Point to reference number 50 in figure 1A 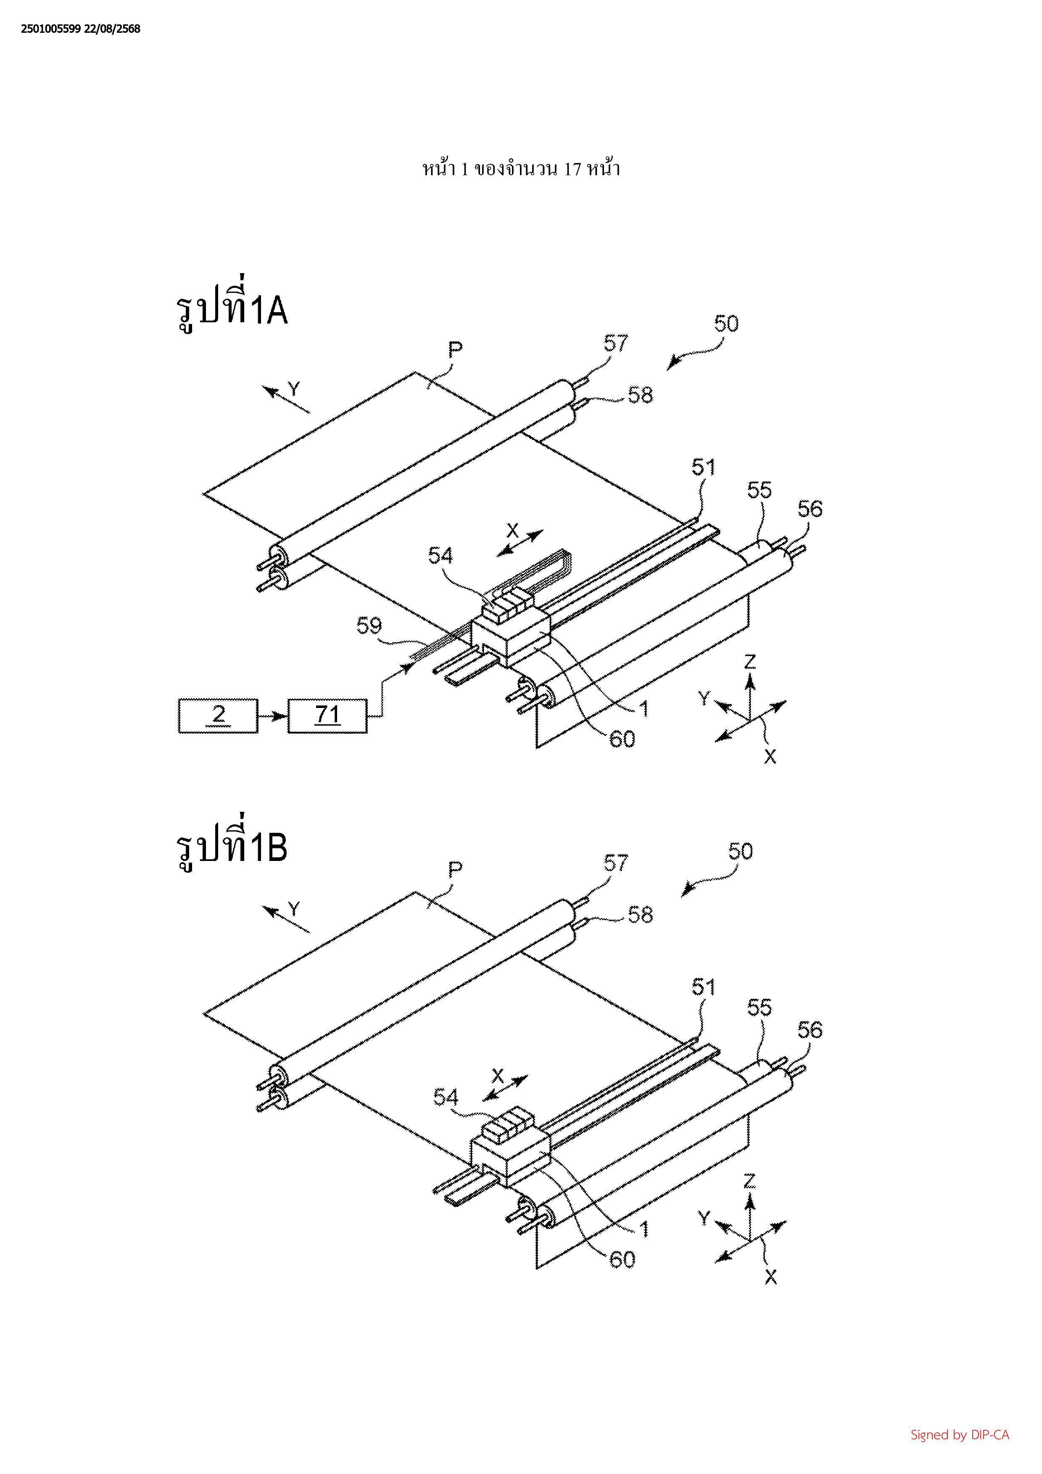[x=726, y=324]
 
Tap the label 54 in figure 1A [x=441, y=555]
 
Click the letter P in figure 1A [x=455, y=350]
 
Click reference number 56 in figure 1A [x=810, y=509]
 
